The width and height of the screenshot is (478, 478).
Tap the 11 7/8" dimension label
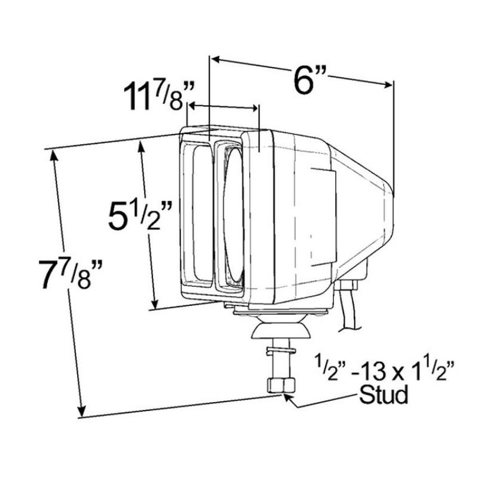pyautogui.click(x=159, y=97)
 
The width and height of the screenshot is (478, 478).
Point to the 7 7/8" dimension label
pyautogui.click(x=70, y=272)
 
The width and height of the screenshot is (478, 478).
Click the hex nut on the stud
pyautogui.click(x=281, y=385)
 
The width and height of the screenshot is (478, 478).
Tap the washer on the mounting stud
pyautogui.click(x=281, y=351)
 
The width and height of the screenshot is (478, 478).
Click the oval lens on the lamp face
pyautogui.click(x=234, y=214)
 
